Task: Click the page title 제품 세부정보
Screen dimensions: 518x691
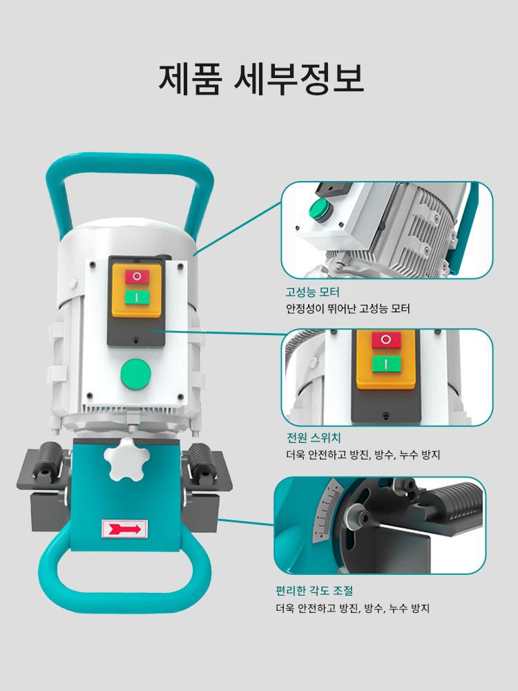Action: tap(261, 79)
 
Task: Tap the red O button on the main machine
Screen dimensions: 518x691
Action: tap(137, 277)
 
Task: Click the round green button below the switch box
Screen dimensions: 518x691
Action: tap(136, 374)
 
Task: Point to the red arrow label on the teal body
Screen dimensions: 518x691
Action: tap(124, 529)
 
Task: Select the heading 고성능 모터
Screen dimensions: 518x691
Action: tap(312, 292)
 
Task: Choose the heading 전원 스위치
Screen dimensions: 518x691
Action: tap(313, 437)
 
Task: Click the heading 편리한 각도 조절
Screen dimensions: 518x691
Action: tap(314, 590)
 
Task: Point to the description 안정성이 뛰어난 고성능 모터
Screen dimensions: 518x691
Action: tap(348, 308)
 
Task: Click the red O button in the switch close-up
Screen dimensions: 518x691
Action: tap(386, 340)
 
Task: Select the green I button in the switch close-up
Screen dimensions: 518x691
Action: tap(386, 363)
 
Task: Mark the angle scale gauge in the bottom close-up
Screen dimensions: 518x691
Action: tap(327, 511)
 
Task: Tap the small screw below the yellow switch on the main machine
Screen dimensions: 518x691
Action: tap(136, 340)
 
